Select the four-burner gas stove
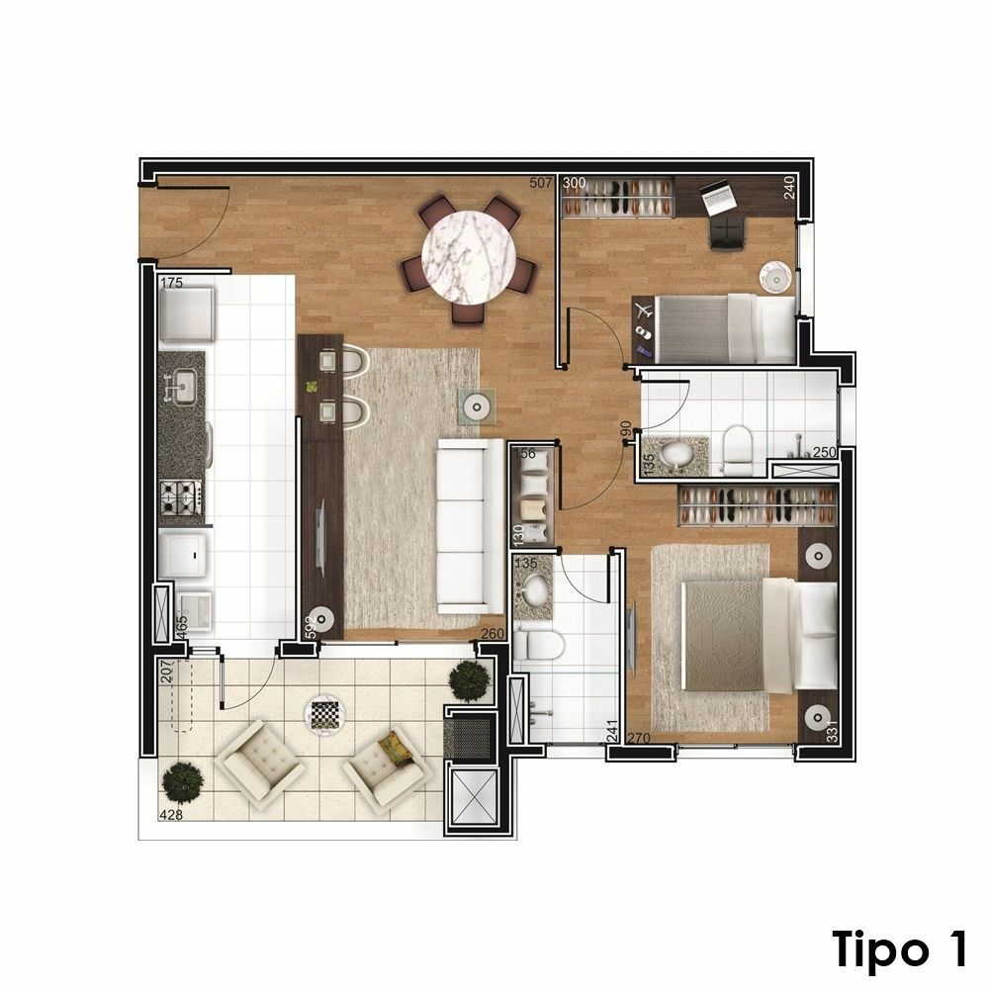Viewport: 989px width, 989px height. pos(181,496)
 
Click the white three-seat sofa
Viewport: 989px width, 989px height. pos(471,527)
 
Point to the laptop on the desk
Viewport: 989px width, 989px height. pos(717,195)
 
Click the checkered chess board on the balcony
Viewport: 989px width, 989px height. pos(325,715)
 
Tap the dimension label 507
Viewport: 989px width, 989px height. pos(541,184)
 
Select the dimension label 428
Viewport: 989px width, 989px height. pos(171,814)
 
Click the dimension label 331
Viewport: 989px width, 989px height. pos(832,731)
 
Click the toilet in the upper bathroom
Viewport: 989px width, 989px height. pos(737,450)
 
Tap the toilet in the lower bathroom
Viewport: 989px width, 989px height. pos(538,645)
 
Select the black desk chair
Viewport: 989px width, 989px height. pos(727,232)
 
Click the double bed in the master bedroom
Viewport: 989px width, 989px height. pos(759,636)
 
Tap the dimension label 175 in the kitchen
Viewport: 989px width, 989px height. pos(171,283)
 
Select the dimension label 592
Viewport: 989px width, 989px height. pos(311,628)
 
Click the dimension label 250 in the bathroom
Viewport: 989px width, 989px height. pos(825,452)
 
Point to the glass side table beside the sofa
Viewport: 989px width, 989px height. pos(477,406)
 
